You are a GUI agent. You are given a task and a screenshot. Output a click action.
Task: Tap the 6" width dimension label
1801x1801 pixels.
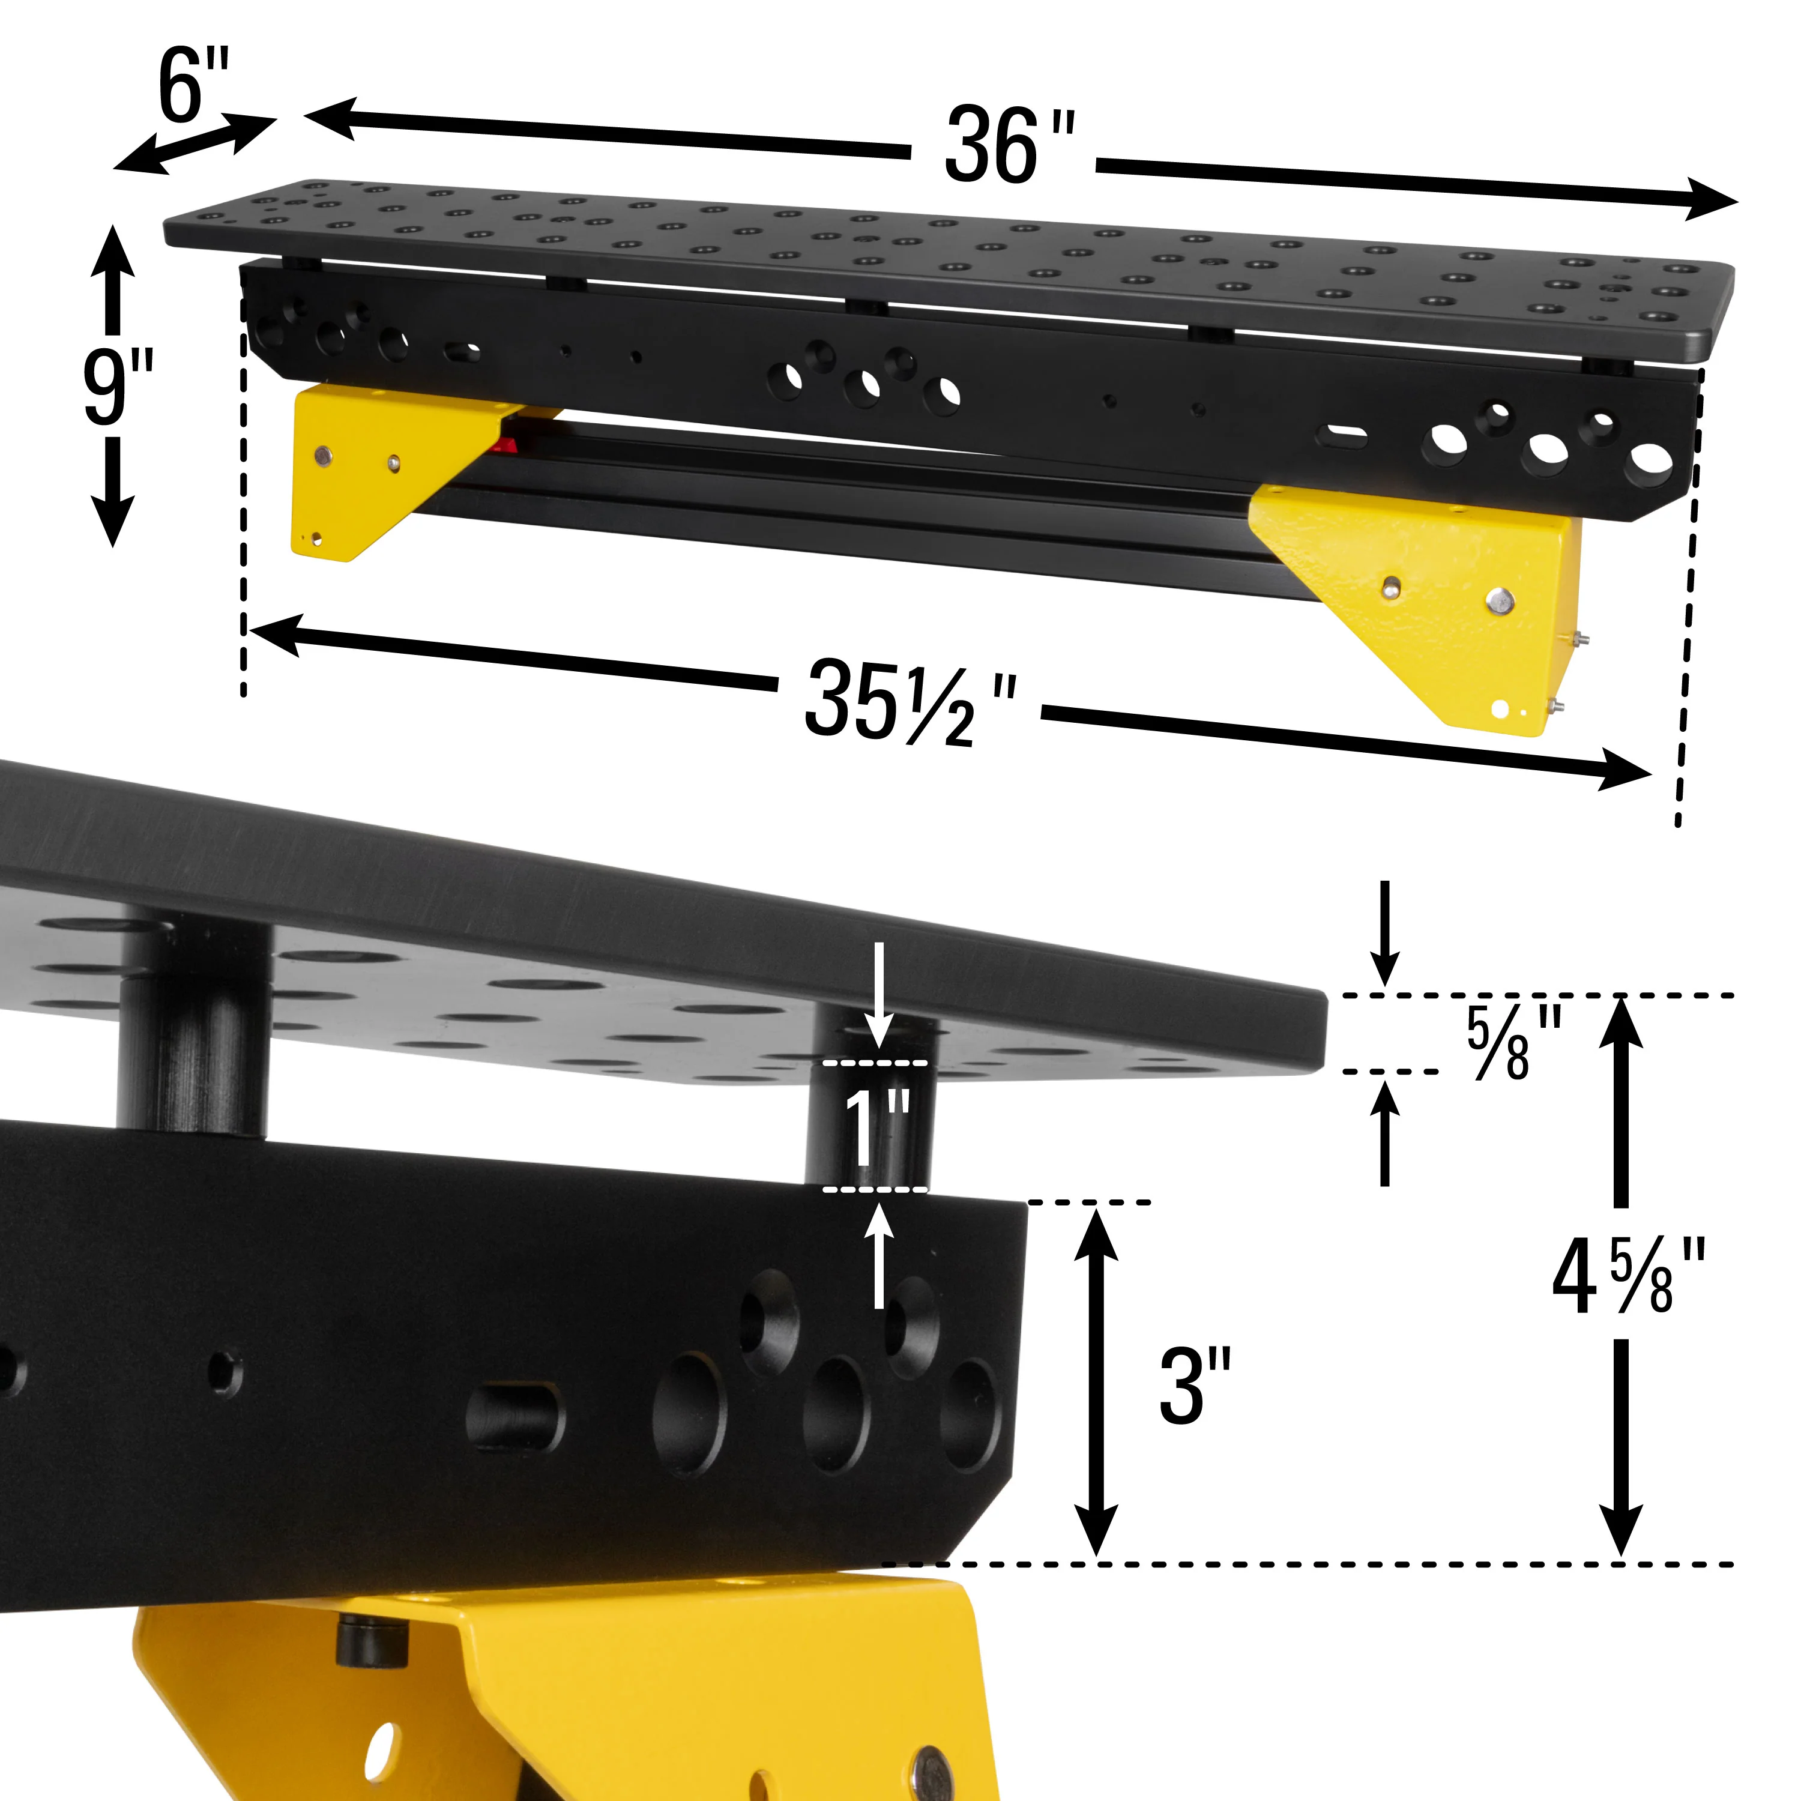193,86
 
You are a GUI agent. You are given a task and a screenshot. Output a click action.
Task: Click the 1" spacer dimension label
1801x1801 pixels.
876,1128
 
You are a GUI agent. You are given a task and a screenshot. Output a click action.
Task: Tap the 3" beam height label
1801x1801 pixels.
1195,1386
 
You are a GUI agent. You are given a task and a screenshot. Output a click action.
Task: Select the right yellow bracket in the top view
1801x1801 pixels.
1435,597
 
